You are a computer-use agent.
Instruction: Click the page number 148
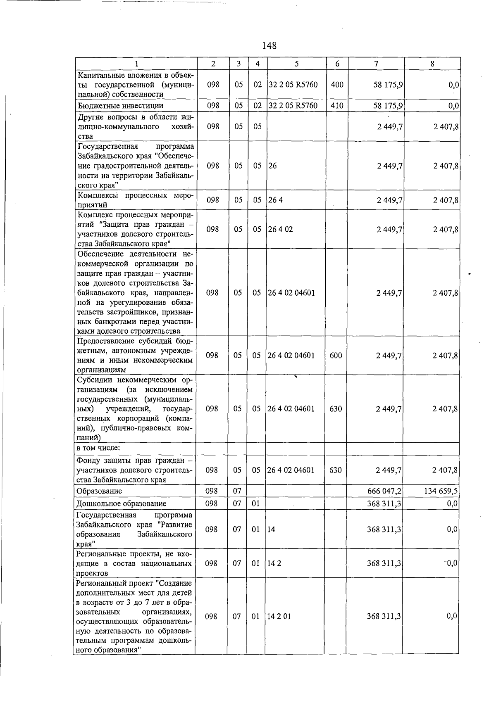coord(269,45)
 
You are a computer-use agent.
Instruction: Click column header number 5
coord(296,64)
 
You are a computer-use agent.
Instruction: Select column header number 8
coord(432,64)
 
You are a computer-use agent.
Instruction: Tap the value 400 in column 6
coord(337,85)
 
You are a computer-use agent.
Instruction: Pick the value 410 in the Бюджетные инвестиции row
coord(337,106)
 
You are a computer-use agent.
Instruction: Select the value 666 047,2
coord(384,491)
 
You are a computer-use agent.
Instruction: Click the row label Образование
coord(99,491)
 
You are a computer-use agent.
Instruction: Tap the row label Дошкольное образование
coord(121,503)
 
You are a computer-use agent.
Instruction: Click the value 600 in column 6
coord(336,355)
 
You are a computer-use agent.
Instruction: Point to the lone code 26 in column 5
coord(272,166)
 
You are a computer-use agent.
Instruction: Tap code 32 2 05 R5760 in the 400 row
coord(293,85)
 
